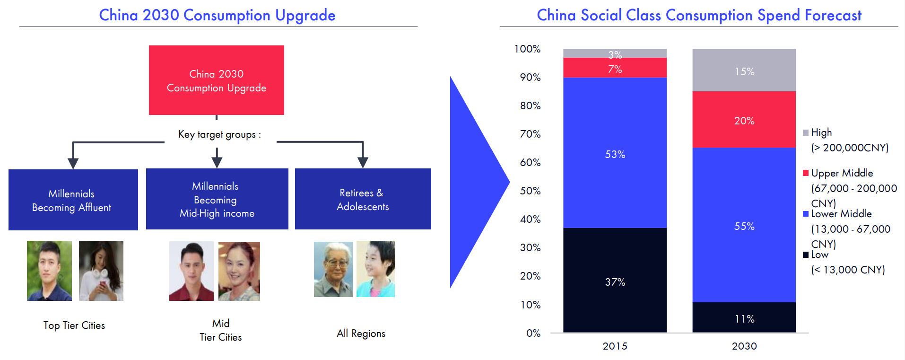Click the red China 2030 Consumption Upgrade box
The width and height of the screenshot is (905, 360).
pos(217,80)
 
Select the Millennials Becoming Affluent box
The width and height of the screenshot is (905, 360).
pos(73,200)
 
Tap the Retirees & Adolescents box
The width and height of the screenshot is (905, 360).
pos(363,199)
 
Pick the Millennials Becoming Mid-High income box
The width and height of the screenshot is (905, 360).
pos(217,199)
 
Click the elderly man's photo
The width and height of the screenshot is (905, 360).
pos(333,269)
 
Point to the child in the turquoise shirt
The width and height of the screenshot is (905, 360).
pos(375,269)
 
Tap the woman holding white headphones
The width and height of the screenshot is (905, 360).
pos(101,271)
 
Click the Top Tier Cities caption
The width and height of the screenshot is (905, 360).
pos(74,325)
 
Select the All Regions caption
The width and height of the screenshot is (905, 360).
pos(361,334)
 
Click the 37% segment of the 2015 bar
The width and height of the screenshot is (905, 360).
pos(615,280)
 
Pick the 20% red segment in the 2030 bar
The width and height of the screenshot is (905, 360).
pos(744,120)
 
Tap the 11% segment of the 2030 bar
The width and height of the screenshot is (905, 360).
pos(744,317)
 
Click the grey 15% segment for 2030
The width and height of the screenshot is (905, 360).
pos(744,70)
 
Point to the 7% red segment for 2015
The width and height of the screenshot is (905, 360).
pos(615,68)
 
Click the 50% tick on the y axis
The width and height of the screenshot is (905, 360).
pos(531,191)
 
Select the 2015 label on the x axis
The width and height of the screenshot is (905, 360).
pos(615,346)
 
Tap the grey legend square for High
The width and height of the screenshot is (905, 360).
pos(806,132)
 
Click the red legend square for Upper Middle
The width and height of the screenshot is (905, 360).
pos(806,173)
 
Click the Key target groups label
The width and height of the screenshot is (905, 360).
pos(219,134)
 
